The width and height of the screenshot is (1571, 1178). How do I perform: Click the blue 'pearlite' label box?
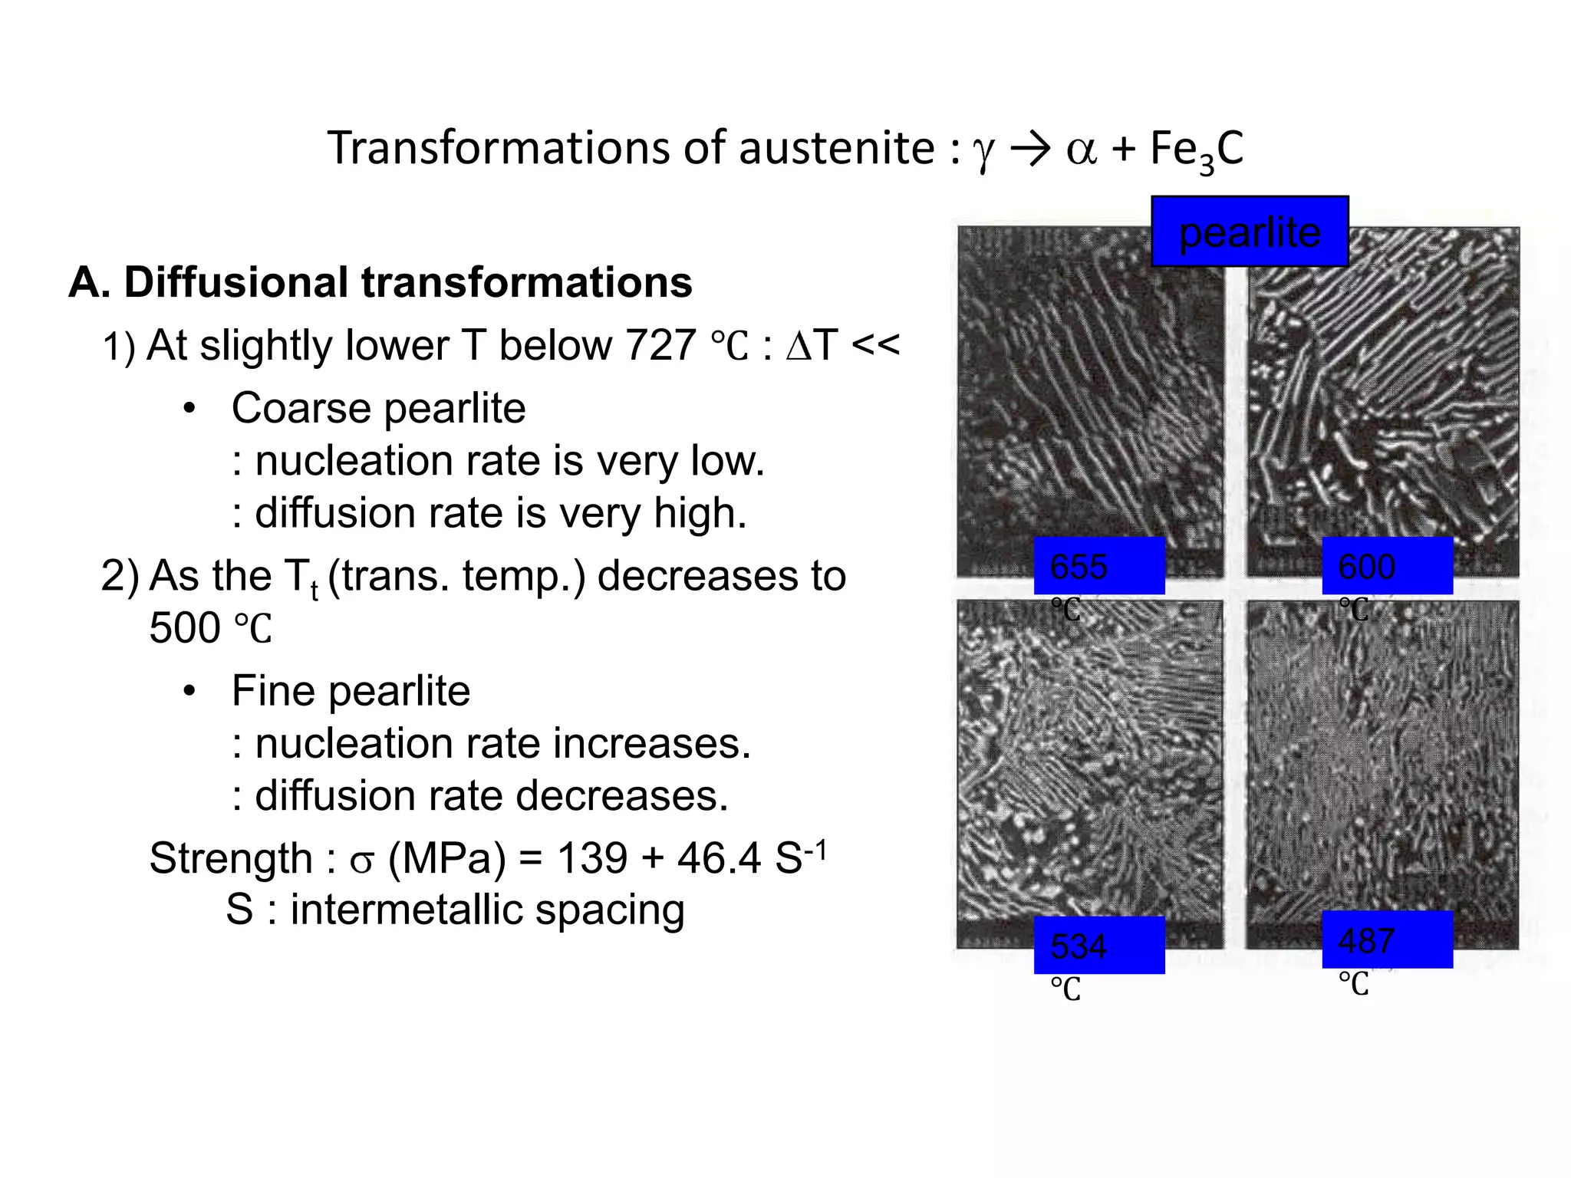[1250, 232]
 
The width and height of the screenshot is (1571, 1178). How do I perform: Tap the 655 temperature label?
[1098, 566]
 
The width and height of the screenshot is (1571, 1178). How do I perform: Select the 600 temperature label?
[1387, 566]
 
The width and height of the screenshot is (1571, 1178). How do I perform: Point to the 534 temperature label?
[1098, 945]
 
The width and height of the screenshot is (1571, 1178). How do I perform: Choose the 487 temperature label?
[1387, 940]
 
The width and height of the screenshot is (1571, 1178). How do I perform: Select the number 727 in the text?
[660, 346]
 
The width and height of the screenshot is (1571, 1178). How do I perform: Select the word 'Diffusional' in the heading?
[235, 282]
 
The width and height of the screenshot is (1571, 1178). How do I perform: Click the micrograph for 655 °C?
[1089, 399]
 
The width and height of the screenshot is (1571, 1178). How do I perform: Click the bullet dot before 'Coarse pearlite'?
[189, 408]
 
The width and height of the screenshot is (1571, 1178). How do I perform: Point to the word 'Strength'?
[230, 858]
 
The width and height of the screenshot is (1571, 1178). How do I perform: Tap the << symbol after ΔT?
[875, 346]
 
